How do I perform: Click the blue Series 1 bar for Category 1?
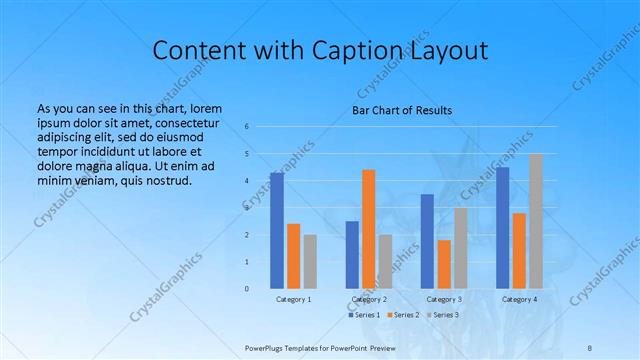[x=277, y=231]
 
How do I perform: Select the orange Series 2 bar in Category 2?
[x=369, y=229]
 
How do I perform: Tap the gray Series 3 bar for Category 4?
[x=536, y=221]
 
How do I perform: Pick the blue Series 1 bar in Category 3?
[x=427, y=241]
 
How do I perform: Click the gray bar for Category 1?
[x=310, y=262]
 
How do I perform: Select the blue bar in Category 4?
[x=503, y=228]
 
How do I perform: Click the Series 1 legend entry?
[x=364, y=315]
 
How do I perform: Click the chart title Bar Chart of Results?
[x=402, y=110]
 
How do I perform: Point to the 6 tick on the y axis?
[x=246, y=127]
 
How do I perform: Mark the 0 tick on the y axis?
[x=246, y=289]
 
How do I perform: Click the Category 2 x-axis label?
[x=369, y=299]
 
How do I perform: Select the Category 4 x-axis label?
[x=519, y=299]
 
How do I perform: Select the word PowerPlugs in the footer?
[x=267, y=346]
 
